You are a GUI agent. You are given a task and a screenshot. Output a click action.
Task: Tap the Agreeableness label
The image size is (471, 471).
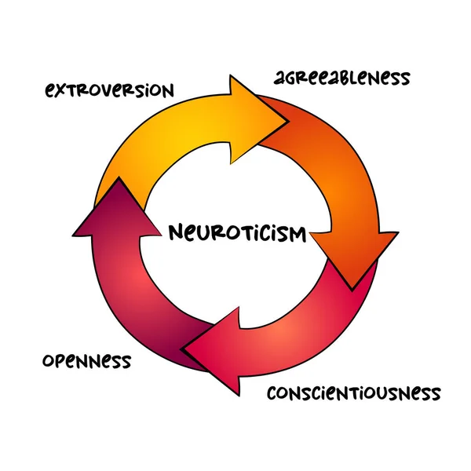(x=341, y=78)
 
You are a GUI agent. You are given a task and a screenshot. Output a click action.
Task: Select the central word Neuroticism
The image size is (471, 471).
(x=237, y=233)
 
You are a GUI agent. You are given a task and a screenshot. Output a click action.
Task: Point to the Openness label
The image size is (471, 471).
(x=86, y=362)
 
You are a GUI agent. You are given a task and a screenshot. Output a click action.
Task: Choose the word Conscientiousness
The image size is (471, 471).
(x=353, y=392)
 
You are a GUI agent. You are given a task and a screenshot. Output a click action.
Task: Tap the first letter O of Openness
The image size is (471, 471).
(x=49, y=362)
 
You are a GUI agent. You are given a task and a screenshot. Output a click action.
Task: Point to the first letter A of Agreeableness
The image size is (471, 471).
(x=280, y=78)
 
